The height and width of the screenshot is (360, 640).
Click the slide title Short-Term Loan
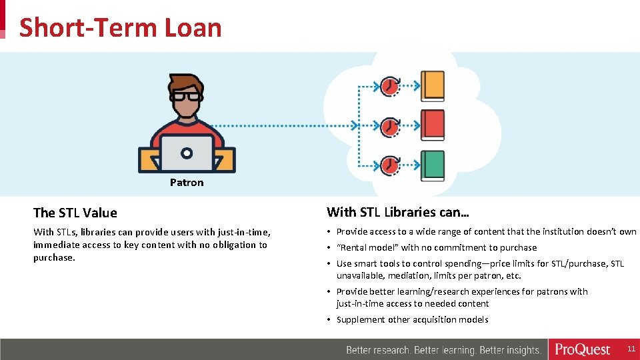coord(120,28)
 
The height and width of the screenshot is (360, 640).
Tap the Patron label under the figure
coord(187,183)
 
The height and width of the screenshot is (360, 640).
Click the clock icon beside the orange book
coord(390,86)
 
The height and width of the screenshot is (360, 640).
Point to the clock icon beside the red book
coord(390,126)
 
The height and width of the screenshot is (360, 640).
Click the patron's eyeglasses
coord(186,95)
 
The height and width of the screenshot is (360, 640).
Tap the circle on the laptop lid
coord(187,153)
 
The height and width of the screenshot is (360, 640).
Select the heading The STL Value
coord(75,213)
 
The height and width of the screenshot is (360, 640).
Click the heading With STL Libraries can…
coord(398,213)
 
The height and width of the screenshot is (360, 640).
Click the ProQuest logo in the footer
coord(583,349)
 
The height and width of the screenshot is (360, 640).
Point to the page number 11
coord(631,349)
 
